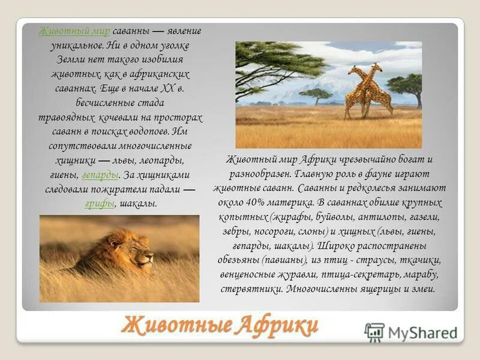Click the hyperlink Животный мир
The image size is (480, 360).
[x=74, y=31]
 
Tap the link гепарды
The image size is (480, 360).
[x=100, y=175]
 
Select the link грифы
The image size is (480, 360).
[x=100, y=204]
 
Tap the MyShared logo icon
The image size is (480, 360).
[x=374, y=332]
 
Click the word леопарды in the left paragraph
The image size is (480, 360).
[x=161, y=161]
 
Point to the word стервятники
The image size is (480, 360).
[x=251, y=289]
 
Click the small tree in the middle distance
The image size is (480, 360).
[x=316, y=94]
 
